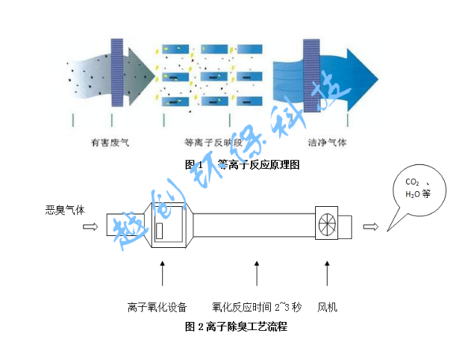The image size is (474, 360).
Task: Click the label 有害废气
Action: [x=111, y=144]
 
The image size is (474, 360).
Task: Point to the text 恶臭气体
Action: [x=64, y=210]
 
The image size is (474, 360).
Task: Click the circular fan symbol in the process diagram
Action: [x=327, y=225]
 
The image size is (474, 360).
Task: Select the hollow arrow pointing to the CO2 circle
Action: [x=371, y=227]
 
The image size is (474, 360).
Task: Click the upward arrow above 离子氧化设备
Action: [x=163, y=274]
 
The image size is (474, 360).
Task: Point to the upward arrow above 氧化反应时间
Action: [x=256, y=274]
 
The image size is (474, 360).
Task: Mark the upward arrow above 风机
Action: [x=327, y=274]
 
